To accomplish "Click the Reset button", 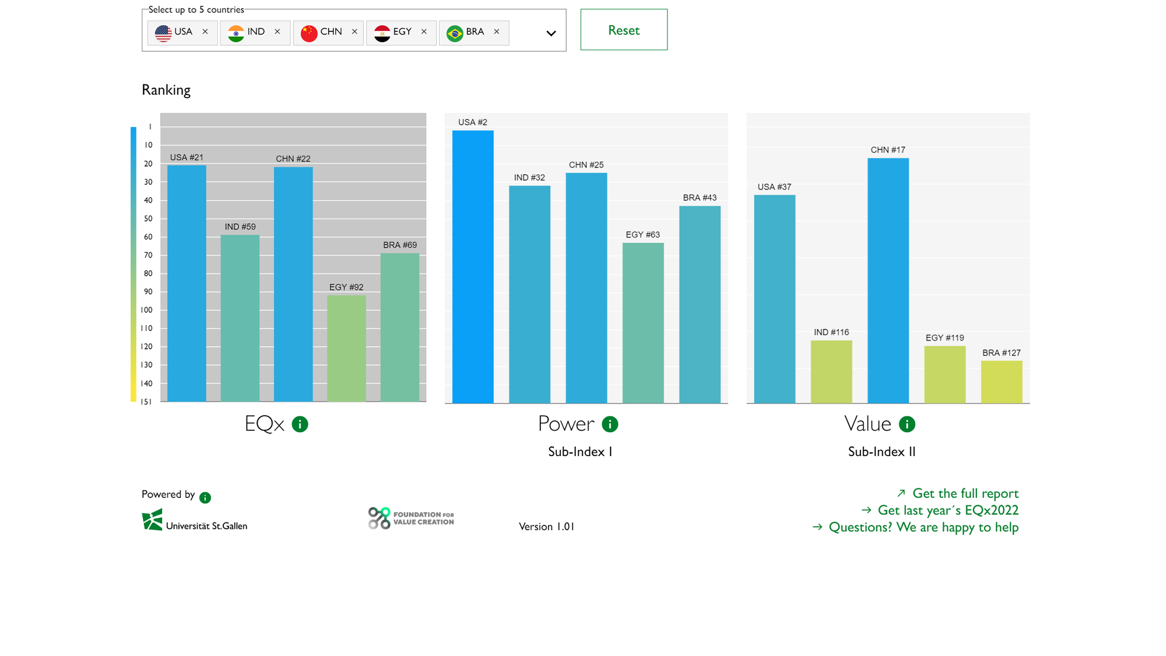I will [x=623, y=30].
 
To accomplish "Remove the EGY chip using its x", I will [x=424, y=32].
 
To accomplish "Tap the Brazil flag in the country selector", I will [x=455, y=33].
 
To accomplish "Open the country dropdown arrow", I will [x=551, y=33].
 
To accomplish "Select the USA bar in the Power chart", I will [x=473, y=266].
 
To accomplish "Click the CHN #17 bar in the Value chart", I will [x=888, y=280].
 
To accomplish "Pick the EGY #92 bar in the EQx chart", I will [x=346, y=348].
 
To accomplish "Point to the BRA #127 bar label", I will [x=1001, y=353].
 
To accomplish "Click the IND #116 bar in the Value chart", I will [x=831, y=371].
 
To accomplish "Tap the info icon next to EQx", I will [x=300, y=425].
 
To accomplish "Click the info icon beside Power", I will [x=610, y=425].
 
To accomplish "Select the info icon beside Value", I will [x=907, y=425].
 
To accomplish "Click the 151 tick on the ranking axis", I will [x=146, y=402].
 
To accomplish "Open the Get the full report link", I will [x=965, y=493].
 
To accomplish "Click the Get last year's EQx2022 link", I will [x=947, y=510].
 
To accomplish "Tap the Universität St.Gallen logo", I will [x=195, y=520].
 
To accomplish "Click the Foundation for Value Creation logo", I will [x=411, y=518].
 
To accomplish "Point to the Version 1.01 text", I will [x=546, y=527].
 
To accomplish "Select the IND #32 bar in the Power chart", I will [x=529, y=294].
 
